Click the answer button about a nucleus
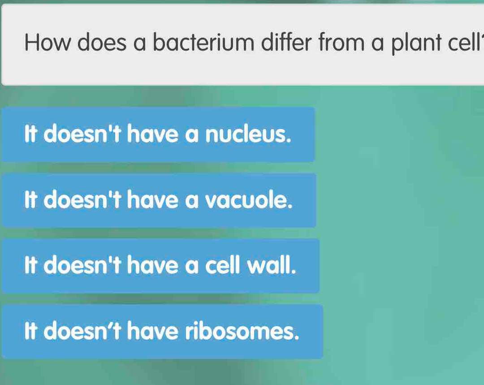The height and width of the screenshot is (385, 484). click(x=158, y=134)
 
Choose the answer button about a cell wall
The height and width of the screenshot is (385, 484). click(x=160, y=266)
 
